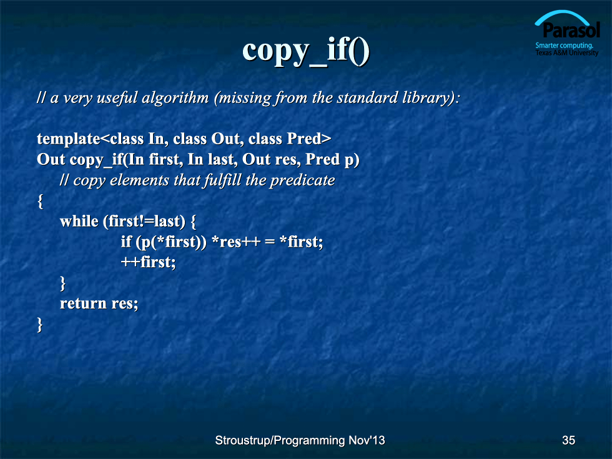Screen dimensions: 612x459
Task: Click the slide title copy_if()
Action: pos(305,51)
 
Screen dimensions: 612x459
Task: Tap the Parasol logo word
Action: pos(571,30)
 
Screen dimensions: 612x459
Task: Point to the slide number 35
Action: pos(568,440)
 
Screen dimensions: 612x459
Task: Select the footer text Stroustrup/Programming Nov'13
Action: pos(300,440)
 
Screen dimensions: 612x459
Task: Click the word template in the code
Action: pos(69,139)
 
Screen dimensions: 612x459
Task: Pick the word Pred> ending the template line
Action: pos(309,139)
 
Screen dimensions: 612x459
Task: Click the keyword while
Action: pos(79,221)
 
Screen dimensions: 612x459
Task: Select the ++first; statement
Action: pos(149,262)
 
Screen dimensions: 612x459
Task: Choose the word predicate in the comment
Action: pos(302,180)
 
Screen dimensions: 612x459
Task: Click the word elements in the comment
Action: pos(139,180)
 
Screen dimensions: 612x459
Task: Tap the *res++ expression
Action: pos(235,242)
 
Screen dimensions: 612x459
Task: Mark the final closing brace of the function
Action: pos(39,324)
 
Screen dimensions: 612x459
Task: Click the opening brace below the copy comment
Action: pos(40,201)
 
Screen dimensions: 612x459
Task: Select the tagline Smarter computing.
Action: pos(564,46)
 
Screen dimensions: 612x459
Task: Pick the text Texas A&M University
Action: pos(567,52)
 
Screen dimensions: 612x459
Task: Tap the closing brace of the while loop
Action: pos(62,284)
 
